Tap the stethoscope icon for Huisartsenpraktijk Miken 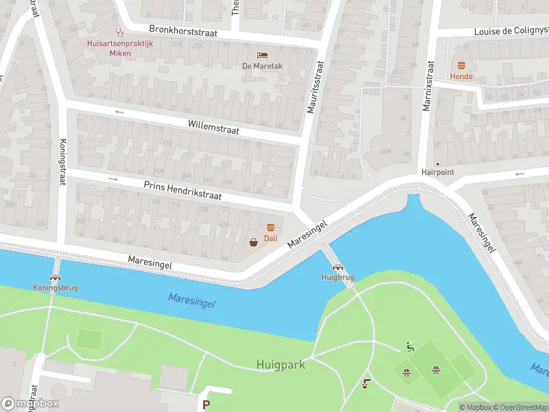coord(120,32)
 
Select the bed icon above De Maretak coord(262,55)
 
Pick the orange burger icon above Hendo coord(461,65)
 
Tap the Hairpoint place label coord(438,172)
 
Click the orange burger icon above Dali coord(270,227)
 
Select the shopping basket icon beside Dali coord(254,241)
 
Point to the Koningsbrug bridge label coord(55,288)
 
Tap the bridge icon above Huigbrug coord(338,267)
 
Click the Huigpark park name coord(281,365)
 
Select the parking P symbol coord(207,406)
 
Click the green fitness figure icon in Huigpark coord(410,347)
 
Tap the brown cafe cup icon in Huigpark coord(366,383)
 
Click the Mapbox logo coord(30,404)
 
